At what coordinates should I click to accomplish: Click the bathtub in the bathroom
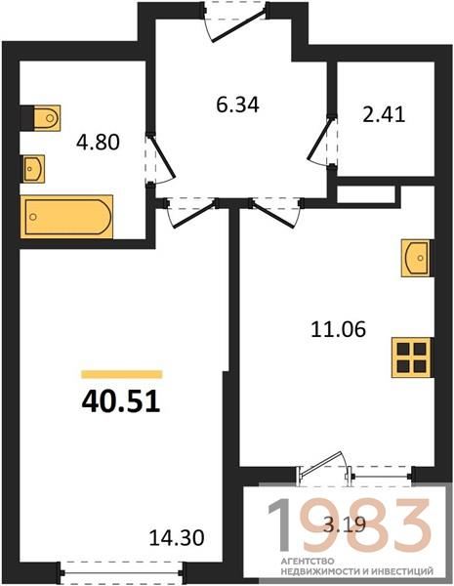point(67,217)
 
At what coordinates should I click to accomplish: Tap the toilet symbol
point(41,118)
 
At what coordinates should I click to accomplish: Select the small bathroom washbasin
point(33,169)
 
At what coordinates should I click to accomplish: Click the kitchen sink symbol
point(417,258)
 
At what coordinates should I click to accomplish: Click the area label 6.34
point(237,105)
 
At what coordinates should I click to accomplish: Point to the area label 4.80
point(98,143)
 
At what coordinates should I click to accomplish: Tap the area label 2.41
point(384,114)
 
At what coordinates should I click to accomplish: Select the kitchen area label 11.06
point(338,330)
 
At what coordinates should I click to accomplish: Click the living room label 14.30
point(177,538)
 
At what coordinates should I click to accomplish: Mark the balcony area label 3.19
point(344,525)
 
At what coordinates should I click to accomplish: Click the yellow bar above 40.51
point(122,374)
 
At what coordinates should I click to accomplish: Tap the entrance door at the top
point(238,25)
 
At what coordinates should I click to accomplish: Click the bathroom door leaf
point(162,156)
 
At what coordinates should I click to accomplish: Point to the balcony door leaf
point(321,464)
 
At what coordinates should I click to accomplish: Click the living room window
point(121,572)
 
